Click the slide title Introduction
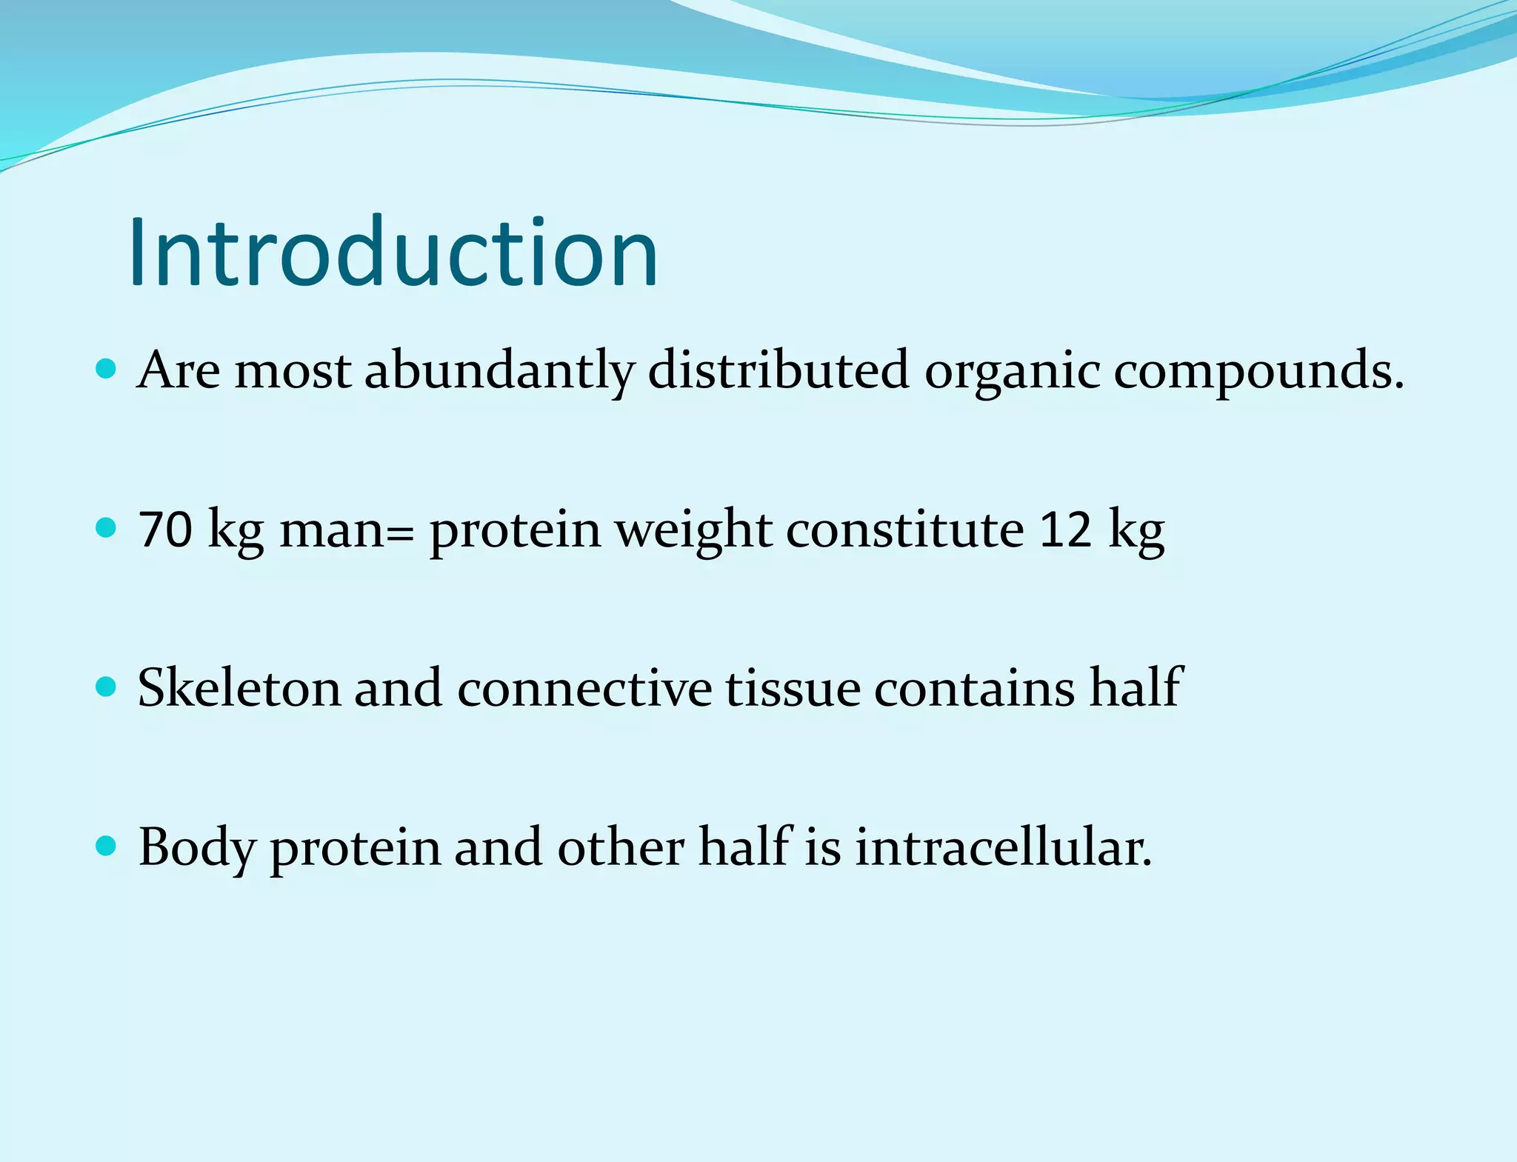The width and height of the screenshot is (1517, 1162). [x=393, y=253]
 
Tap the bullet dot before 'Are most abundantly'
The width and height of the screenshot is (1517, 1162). [x=107, y=369]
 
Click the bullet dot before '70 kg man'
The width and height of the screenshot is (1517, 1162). [x=107, y=528]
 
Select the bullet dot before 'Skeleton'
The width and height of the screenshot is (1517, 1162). [x=107, y=687]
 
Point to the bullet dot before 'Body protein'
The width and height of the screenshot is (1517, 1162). [x=107, y=846]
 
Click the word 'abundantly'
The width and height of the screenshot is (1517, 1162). [x=499, y=370]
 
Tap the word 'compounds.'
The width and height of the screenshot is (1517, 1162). [x=1259, y=370]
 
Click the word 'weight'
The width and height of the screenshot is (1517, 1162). [x=694, y=530]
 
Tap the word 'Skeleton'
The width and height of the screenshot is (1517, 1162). [x=239, y=688]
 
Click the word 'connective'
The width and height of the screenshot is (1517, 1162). [x=584, y=688]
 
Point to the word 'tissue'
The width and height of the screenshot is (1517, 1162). [x=793, y=688]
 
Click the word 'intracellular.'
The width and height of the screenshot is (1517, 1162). [x=1004, y=847]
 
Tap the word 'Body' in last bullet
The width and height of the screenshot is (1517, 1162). [x=196, y=849]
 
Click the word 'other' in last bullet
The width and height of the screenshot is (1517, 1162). [x=620, y=847]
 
